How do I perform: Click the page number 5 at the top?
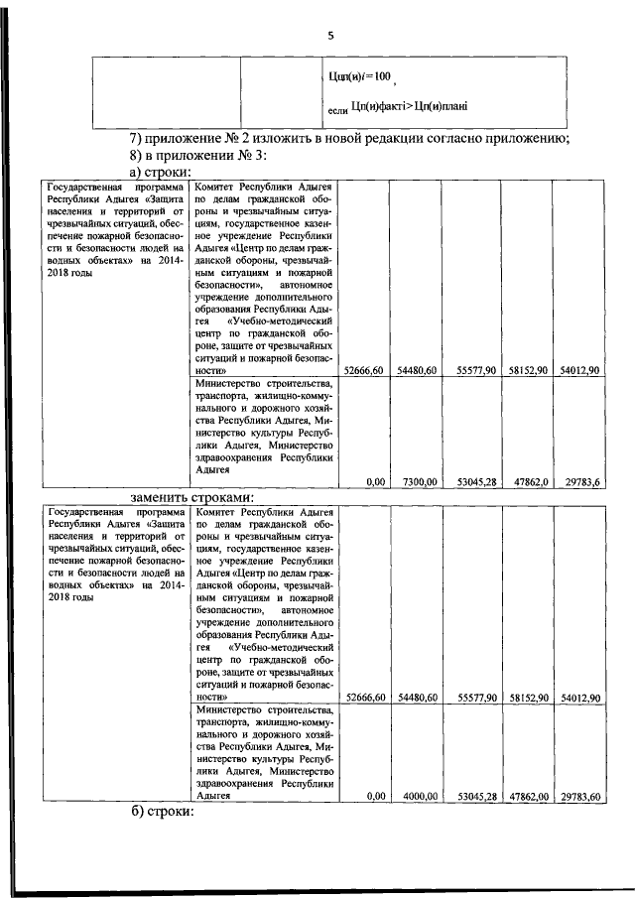click(330, 37)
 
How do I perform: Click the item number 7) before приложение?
click(140, 137)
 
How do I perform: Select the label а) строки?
click(161, 173)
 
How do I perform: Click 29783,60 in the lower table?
click(580, 796)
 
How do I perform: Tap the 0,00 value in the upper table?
click(375, 481)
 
